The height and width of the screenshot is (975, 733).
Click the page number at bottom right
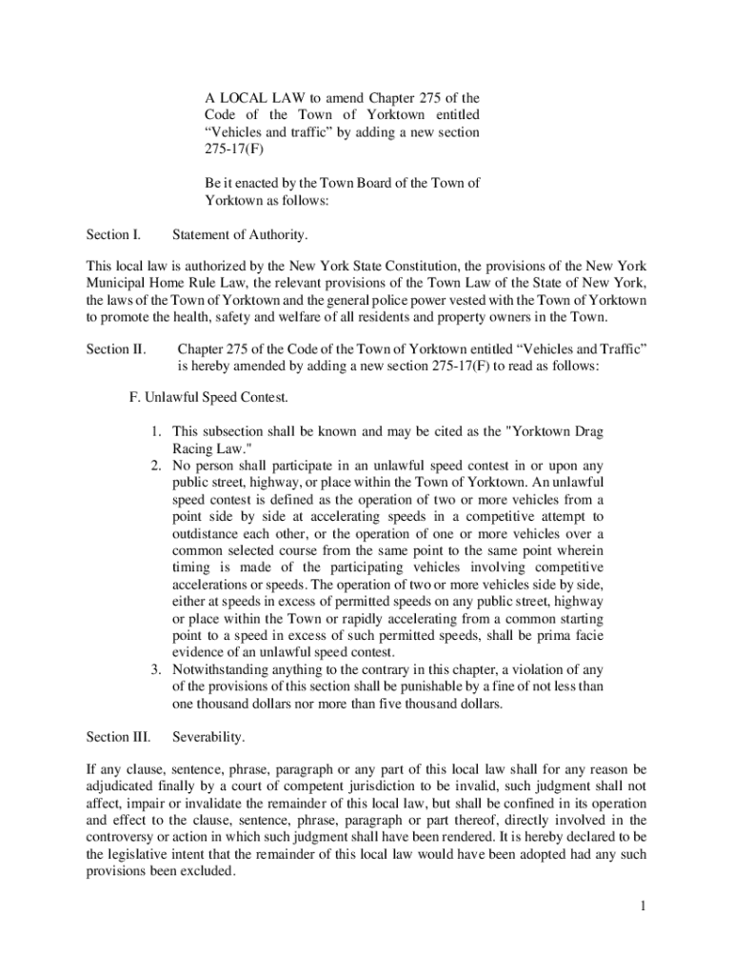click(x=644, y=905)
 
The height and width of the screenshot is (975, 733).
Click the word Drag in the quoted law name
click(x=586, y=431)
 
